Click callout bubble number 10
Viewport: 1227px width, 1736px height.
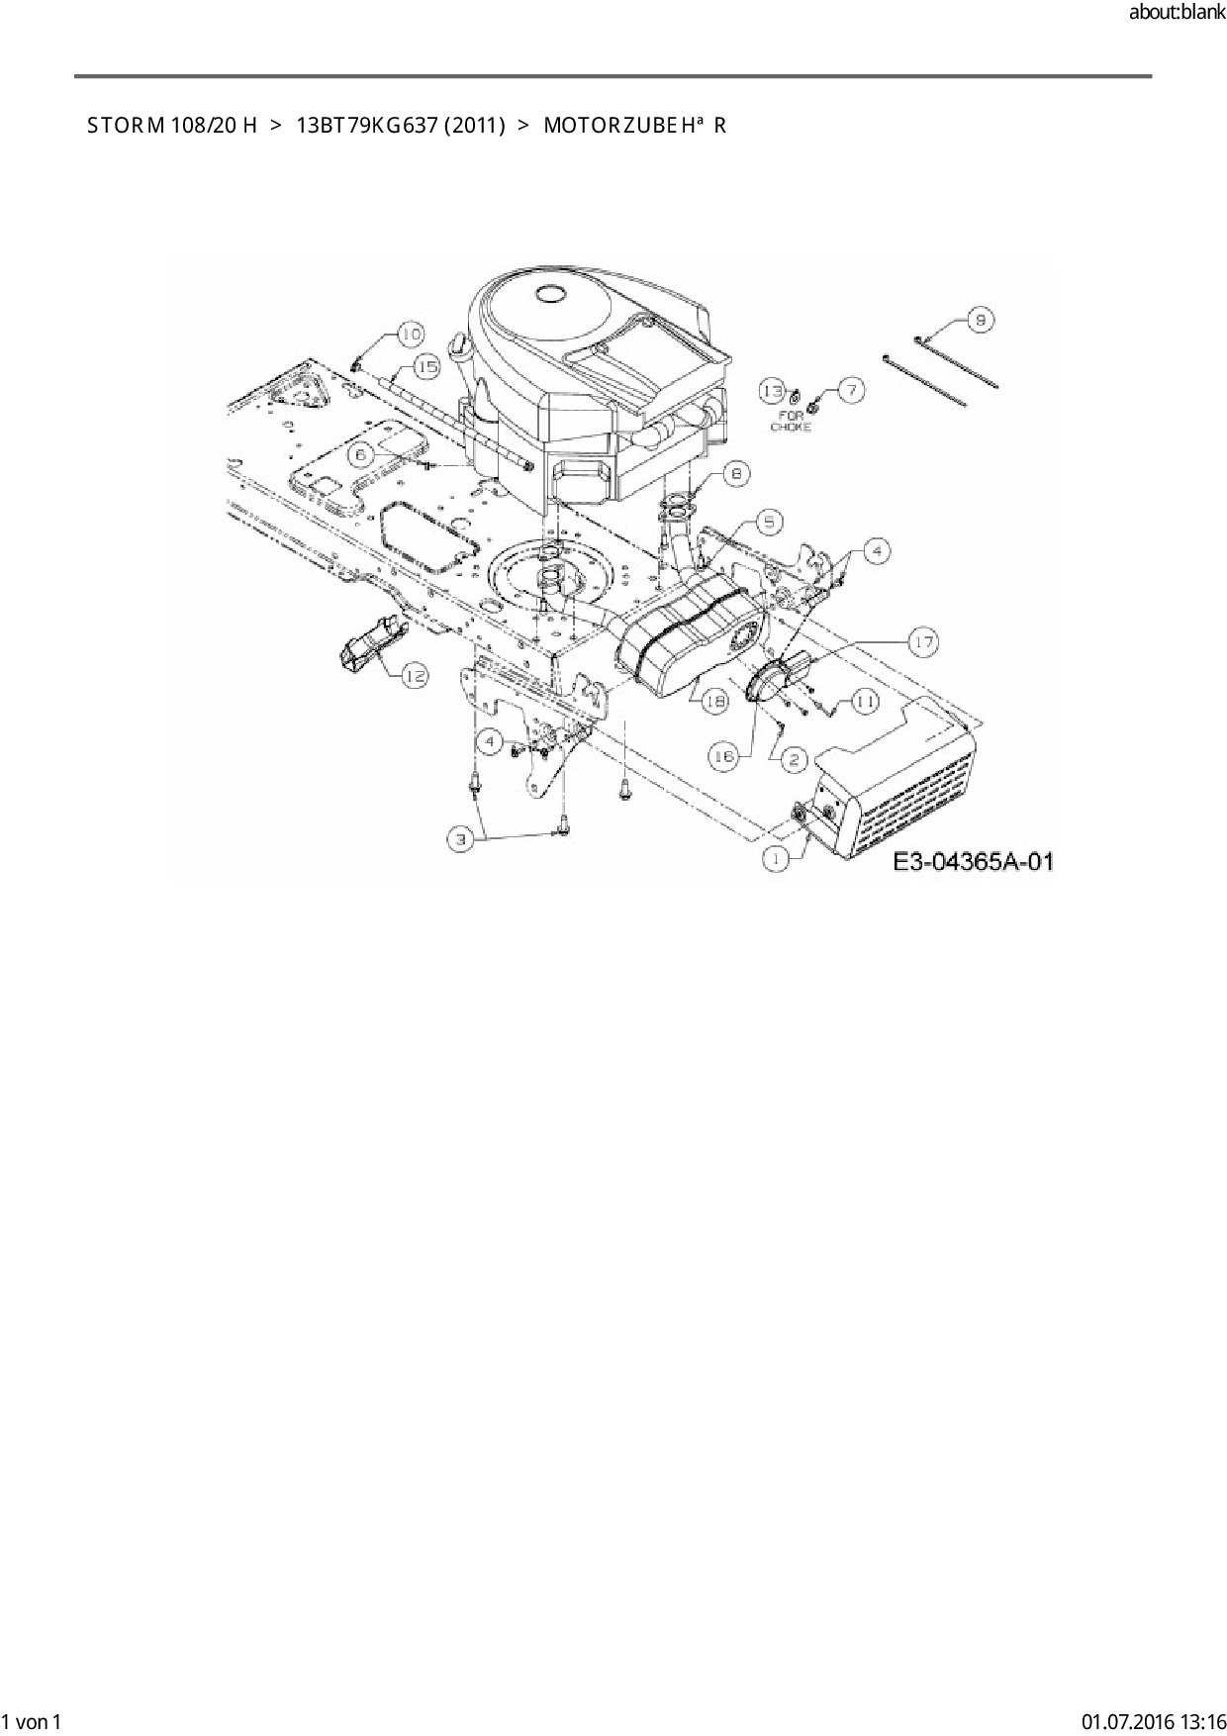click(x=411, y=334)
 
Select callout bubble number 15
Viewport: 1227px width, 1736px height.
click(x=425, y=367)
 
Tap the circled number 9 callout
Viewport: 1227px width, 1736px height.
click(x=980, y=319)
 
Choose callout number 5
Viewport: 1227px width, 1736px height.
click(x=771, y=522)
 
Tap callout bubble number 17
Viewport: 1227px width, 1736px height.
click(x=923, y=643)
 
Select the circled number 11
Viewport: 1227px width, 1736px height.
click(x=865, y=701)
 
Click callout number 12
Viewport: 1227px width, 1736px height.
click(x=415, y=675)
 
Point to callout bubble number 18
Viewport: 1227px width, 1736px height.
click(x=714, y=700)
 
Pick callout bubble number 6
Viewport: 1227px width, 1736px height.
click(x=362, y=453)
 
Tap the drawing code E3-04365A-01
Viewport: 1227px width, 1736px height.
click(x=973, y=862)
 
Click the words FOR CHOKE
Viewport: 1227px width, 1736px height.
click(x=791, y=422)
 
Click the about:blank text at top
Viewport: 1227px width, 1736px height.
click(x=1177, y=12)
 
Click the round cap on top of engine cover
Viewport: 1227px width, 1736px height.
click(x=548, y=293)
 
